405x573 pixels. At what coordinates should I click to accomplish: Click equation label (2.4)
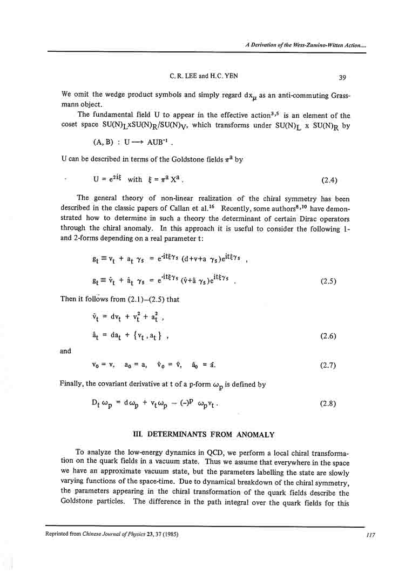[x=329, y=179]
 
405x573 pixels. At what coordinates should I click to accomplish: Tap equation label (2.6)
[x=329, y=336]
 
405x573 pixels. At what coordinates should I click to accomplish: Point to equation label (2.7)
[x=329, y=365]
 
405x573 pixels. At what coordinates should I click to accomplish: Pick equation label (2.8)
[x=329, y=403]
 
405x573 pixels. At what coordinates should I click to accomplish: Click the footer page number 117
[x=370, y=535]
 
